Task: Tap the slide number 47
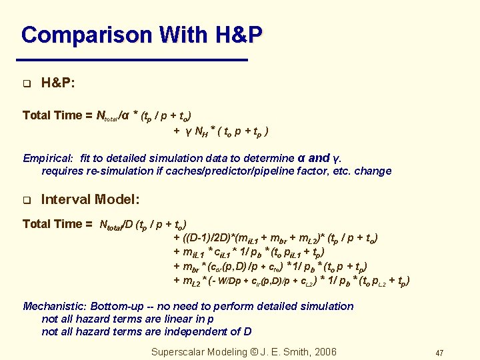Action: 439,353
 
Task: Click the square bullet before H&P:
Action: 27,84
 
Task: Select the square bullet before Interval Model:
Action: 27,200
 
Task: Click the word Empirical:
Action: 47,159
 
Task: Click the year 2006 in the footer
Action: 325,352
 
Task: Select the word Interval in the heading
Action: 65,199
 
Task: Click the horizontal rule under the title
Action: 134,61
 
